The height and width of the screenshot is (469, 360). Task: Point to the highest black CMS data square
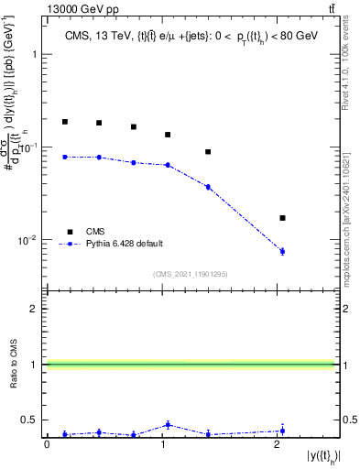coord(65,121)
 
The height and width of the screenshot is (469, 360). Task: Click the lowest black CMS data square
coord(282,218)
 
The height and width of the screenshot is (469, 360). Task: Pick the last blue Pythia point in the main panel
coord(282,251)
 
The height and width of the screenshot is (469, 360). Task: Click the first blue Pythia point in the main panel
coord(65,157)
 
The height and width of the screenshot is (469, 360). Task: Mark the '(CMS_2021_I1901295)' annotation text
coord(191,274)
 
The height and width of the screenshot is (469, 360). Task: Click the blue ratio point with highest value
coord(167,424)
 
